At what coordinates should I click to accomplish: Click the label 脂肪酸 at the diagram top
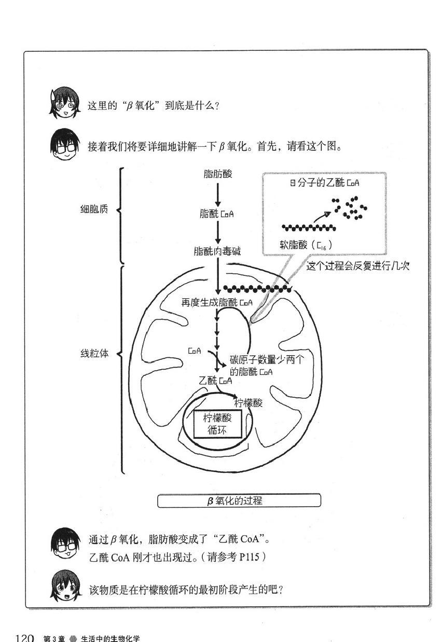tap(218, 174)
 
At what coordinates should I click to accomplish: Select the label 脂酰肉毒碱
tap(217, 252)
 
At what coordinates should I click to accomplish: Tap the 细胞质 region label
tap(94, 210)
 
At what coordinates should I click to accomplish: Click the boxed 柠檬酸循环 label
tap(217, 424)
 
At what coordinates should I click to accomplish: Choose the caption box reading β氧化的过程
tap(239, 500)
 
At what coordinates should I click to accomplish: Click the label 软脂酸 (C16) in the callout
tap(306, 244)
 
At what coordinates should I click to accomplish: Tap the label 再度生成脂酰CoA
tap(217, 302)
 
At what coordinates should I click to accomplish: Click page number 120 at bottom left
tap(25, 637)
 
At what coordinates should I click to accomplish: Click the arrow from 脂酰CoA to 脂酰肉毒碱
tap(218, 232)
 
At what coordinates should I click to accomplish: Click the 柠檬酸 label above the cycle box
tap(249, 403)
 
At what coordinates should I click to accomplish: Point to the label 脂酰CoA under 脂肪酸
tap(217, 213)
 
